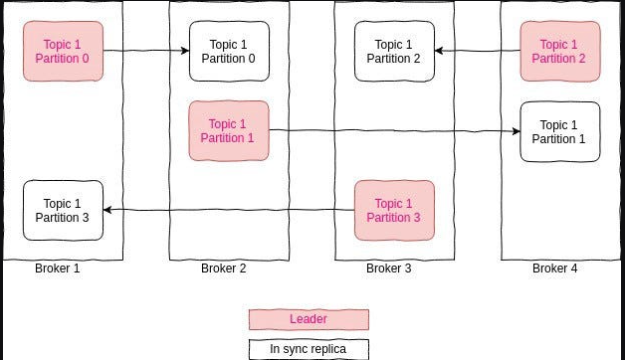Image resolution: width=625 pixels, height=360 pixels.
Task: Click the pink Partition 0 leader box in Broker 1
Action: tap(63, 51)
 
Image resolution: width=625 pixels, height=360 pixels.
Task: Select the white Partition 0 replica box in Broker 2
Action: tap(229, 51)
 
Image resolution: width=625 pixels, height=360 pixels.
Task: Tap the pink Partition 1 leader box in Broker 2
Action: tap(229, 130)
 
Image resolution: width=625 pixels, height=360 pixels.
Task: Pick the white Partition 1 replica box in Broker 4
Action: tap(559, 131)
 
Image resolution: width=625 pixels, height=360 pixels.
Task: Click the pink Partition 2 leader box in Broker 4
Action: tap(559, 51)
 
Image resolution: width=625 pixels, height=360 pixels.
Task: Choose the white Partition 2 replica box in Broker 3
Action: tap(394, 51)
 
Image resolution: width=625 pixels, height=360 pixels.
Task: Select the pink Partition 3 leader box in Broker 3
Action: tap(394, 210)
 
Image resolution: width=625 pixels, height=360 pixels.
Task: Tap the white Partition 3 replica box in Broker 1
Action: tap(63, 210)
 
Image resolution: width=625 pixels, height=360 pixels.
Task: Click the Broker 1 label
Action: tap(58, 269)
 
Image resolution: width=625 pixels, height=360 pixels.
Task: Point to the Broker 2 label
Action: tap(223, 269)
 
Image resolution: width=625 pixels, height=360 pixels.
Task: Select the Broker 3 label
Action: tap(389, 269)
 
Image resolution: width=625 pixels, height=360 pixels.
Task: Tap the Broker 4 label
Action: tap(554, 269)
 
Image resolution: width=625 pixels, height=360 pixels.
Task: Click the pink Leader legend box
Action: tap(309, 319)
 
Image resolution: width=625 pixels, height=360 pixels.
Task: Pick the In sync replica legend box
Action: tap(309, 349)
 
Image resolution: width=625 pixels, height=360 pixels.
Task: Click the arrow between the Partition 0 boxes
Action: tap(145, 51)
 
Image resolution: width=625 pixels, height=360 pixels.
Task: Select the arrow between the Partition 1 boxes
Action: tap(394, 130)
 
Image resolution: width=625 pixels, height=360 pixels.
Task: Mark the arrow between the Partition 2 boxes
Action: tap(477, 51)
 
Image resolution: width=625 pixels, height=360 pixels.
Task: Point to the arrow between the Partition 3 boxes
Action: tap(229, 209)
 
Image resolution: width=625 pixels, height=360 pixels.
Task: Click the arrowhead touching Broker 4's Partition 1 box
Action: tap(515, 130)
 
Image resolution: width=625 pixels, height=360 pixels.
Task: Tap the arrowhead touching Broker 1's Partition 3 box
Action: tap(108, 209)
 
